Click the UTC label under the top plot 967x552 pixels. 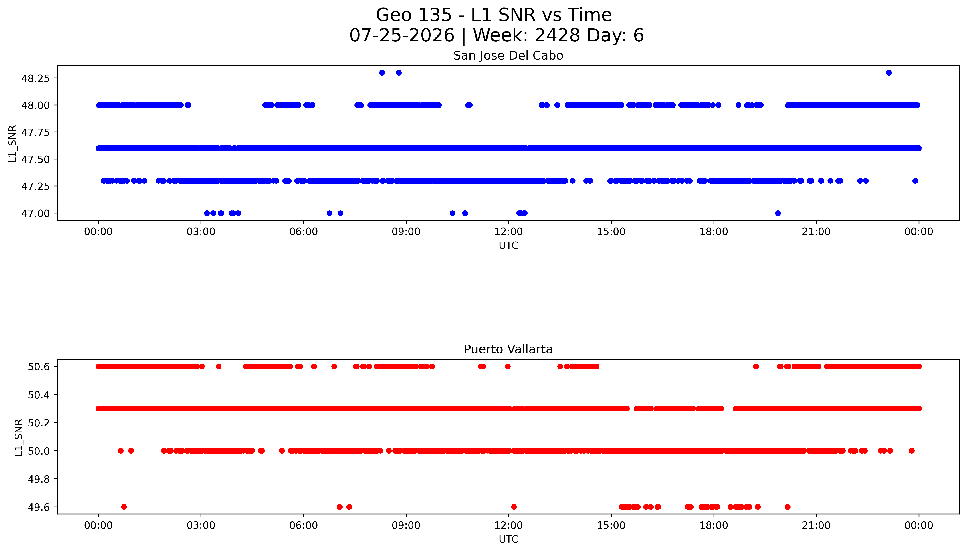pos(508,245)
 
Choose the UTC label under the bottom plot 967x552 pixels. pos(508,539)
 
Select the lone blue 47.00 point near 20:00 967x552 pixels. pos(778,213)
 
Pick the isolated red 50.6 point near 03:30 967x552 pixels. pos(218,366)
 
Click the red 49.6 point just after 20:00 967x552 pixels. pos(788,507)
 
